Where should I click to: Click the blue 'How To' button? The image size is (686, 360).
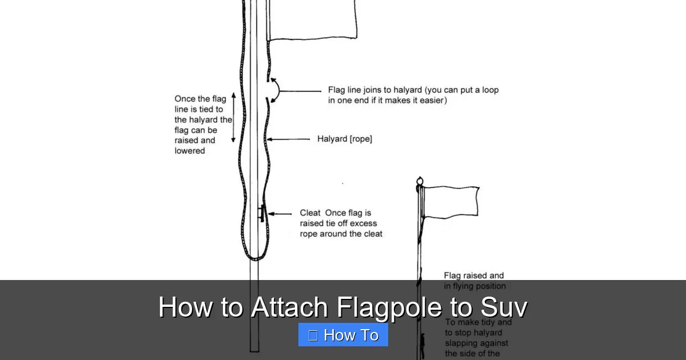pos(343,335)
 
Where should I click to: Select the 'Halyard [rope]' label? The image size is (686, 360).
pos(344,139)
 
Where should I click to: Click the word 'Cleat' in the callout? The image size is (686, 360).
pos(310,213)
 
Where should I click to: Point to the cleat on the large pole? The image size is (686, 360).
pos(261,213)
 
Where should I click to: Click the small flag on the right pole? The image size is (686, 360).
pos(450,202)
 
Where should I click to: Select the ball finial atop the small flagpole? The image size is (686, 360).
pos(420,181)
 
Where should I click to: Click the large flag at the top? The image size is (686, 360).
pos(312,20)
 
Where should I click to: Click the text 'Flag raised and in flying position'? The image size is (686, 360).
pos(474,281)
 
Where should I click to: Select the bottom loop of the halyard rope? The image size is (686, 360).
pos(254,257)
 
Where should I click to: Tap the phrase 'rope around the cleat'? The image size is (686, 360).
pos(341,234)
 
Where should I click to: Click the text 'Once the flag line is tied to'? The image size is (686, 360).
pos(200,104)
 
